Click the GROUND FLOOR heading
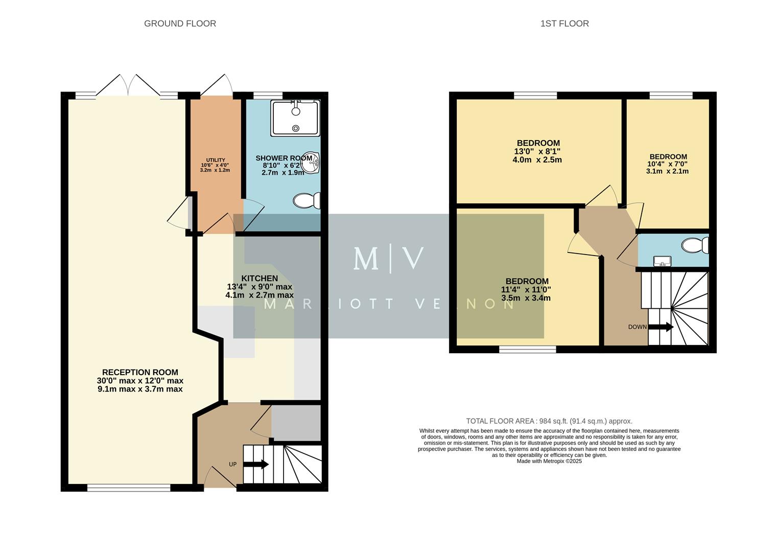click(180, 24)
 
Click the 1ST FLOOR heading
click(564, 24)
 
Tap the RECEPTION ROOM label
click(140, 373)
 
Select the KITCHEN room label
click(260, 279)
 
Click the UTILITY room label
click(215, 160)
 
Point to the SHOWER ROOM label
click(283, 158)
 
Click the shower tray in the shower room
click(295, 118)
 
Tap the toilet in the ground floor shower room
click(306, 200)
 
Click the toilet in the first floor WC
click(695, 245)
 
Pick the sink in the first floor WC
click(662, 262)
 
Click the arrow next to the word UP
click(256, 464)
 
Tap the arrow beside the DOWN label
click(661, 327)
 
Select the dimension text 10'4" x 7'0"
click(667, 164)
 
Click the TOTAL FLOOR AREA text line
click(549, 421)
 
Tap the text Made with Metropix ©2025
click(549, 461)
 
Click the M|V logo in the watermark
click(388, 259)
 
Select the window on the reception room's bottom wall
click(129, 488)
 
